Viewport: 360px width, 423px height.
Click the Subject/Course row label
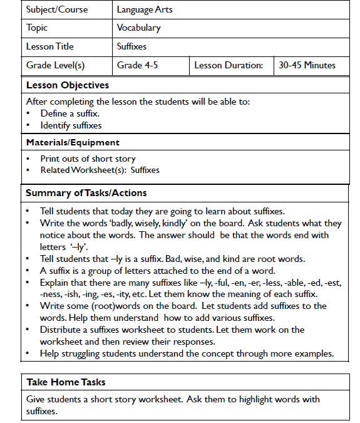coord(57,9)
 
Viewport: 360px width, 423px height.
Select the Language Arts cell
coord(145,9)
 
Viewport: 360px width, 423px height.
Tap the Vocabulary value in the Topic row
coord(139,28)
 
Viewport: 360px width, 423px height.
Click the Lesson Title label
coord(50,46)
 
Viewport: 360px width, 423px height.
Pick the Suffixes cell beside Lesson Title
coord(131,46)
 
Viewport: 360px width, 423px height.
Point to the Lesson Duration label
coord(229,65)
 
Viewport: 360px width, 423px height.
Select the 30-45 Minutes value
coord(307,65)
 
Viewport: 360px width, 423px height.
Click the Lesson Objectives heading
coord(68,85)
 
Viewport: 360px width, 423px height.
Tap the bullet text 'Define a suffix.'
coord(70,113)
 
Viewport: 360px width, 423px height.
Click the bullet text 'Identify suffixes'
coord(71,125)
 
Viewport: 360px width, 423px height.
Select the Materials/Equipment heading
coord(73,142)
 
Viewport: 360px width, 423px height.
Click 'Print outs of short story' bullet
coord(88,159)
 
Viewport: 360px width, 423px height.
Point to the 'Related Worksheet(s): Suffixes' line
coord(100,170)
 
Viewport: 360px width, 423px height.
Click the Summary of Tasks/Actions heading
coord(86,192)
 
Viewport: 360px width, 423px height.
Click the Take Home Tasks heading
coord(66,382)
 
